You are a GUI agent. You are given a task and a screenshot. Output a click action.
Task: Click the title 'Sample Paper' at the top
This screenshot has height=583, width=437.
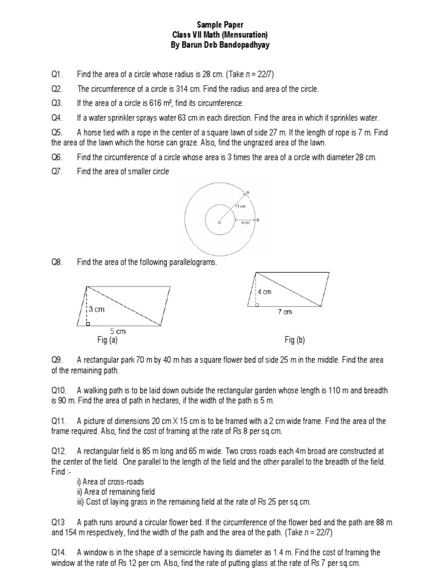pos(220,25)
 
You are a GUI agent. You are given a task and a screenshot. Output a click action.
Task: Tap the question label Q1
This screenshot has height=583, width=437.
pos(56,75)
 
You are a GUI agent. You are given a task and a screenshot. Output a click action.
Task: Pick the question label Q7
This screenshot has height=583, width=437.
pos(56,171)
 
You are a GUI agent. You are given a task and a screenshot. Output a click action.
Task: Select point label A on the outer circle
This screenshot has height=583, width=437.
pos(249,191)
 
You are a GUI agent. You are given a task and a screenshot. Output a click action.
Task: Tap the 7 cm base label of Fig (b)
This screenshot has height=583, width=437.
pos(285,312)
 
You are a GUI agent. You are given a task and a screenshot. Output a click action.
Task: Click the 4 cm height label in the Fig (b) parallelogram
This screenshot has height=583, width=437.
pos(265,291)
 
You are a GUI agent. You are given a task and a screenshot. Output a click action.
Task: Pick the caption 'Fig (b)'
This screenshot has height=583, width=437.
pos(295,340)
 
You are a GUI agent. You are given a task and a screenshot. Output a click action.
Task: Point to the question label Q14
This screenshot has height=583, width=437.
pos(56,552)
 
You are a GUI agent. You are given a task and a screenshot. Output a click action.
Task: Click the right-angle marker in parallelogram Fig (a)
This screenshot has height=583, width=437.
pos(89,324)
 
